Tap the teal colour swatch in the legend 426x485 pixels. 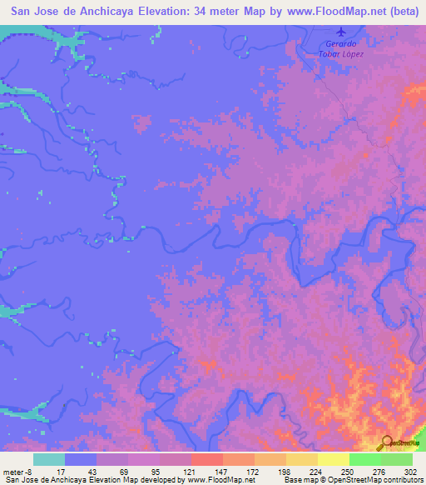[x=48, y=459]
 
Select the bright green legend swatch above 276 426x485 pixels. [x=364, y=459]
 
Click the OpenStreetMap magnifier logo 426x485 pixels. [x=385, y=442]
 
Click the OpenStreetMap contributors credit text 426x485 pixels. [x=365, y=480]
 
